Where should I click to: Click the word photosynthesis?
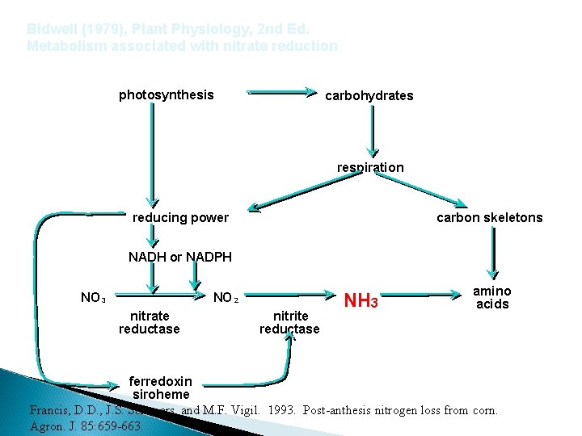[x=166, y=95]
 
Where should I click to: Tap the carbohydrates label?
[x=369, y=96]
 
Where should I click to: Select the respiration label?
[x=370, y=167]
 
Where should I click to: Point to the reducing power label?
[x=180, y=218]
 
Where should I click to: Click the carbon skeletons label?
[x=489, y=218]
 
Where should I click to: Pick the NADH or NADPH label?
[x=179, y=258]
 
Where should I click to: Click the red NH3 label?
[x=361, y=302]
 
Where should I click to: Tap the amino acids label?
[x=491, y=297]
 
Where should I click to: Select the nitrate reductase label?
[x=150, y=322]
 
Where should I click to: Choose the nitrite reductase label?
[x=289, y=322]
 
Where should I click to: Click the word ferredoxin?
[x=161, y=381]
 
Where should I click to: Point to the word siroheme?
[x=160, y=394]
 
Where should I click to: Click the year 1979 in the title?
[x=97, y=29]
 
